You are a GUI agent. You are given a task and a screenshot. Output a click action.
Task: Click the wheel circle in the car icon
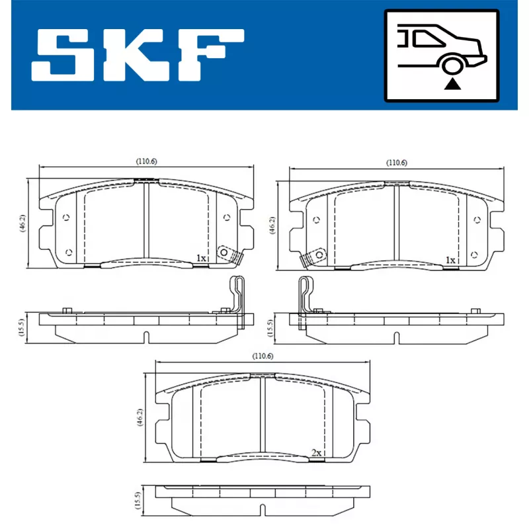[x=452, y=65]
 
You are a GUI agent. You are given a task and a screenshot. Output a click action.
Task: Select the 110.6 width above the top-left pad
[x=146, y=161]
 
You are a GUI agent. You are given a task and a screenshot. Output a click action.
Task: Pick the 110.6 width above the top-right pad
[x=396, y=162]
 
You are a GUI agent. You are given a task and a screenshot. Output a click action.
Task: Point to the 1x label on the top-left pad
[x=202, y=259]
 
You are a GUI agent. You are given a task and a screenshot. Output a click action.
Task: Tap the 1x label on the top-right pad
[x=450, y=260]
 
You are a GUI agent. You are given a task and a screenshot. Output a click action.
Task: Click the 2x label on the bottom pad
[x=316, y=453]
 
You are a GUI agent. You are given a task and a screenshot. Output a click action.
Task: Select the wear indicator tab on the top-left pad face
[x=228, y=255]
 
